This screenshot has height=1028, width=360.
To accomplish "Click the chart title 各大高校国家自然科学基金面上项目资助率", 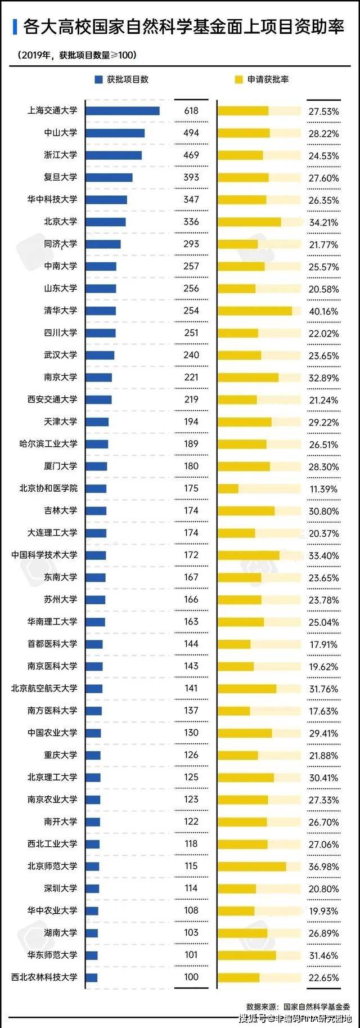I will [183, 26].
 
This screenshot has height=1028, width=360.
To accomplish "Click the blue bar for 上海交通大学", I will [123, 111].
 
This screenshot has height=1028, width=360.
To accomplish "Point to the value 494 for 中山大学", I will [191, 133].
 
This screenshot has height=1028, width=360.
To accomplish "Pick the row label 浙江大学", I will [61, 155].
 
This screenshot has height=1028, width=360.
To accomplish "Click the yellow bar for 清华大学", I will [255, 311].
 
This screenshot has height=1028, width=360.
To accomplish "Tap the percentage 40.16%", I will [323, 311].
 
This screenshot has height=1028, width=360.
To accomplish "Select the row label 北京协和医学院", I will [48, 488].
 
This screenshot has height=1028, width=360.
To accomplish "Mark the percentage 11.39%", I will [323, 489].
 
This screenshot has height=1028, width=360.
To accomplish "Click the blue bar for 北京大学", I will [106, 222].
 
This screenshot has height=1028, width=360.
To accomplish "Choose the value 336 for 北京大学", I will [191, 222].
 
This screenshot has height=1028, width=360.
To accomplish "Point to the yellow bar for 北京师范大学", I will [251, 866].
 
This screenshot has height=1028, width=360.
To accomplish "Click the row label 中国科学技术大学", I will [44, 555].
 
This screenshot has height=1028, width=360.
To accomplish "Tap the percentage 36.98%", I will [323, 867].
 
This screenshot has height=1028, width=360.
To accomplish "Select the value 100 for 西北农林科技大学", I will [191, 977].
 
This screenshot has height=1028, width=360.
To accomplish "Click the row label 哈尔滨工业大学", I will [48, 444].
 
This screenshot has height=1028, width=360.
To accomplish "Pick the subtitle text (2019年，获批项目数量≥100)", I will [76, 55].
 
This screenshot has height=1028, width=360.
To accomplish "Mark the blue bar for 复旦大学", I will [109, 177].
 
